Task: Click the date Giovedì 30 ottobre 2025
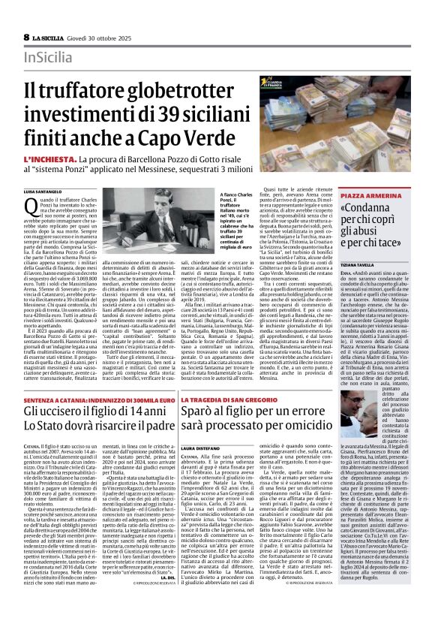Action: pyautogui.click(x=102, y=37)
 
